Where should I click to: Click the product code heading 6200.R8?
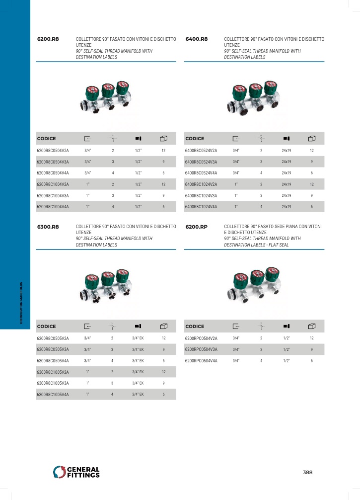pyautogui.click(x=48, y=39)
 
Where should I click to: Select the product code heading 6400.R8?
pyautogui.click(x=196, y=39)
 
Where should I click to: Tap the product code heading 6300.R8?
pyautogui.click(x=48, y=227)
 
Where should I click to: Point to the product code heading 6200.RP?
pyautogui.click(x=196, y=227)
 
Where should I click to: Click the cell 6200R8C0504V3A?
pyautogui.click(x=53, y=162)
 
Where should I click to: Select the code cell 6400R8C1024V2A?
pyautogui.click(x=201, y=184)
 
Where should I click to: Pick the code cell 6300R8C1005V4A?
pyautogui.click(x=53, y=395)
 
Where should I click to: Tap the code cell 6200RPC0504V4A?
pyautogui.click(x=201, y=361)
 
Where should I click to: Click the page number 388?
pyautogui.click(x=307, y=472)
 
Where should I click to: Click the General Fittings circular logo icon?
pyautogui.click(x=59, y=472)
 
